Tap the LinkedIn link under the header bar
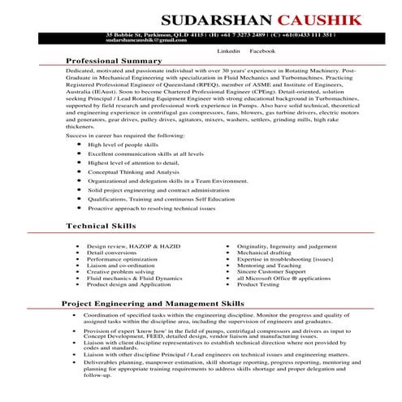pos(229,50)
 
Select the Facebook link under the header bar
pos(263,50)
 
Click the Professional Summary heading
pos(113,61)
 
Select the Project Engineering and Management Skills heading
pos(153,302)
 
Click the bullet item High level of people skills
pos(123,143)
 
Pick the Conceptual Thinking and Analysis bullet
pos(133,172)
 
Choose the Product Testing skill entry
pos(257,285)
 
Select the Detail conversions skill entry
pos(111,253)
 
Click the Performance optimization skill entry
pos(121,259)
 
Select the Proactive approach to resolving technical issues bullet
pos(150,209)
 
